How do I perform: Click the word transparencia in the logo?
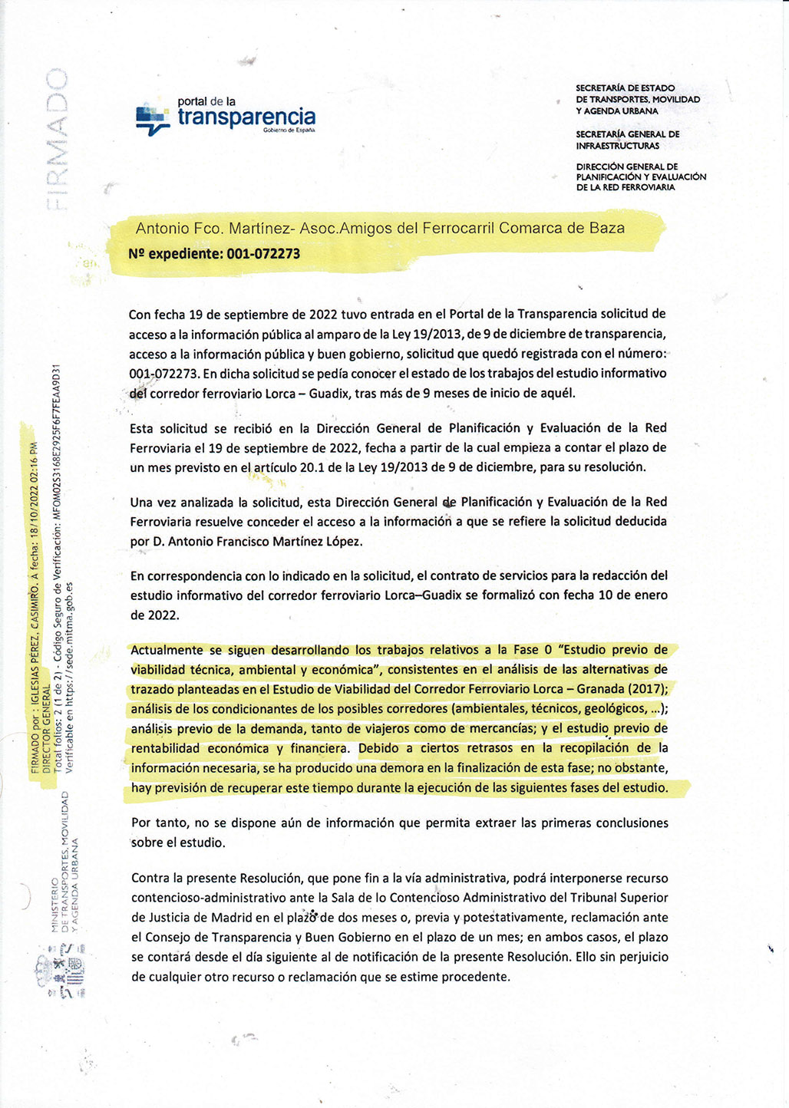[246, 117]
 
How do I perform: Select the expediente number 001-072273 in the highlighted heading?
[263, 254]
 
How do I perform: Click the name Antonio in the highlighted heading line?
[160, 229]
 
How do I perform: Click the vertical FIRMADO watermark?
[56, 139]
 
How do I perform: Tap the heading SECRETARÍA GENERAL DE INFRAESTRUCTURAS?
[627, 140]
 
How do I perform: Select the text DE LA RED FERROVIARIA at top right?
[626, 187]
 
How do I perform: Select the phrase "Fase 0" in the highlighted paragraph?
[537, 650]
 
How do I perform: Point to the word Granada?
[601, 689]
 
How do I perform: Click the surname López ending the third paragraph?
[343, 542]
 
